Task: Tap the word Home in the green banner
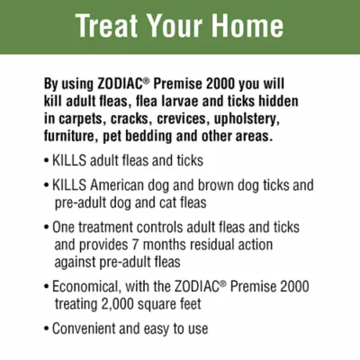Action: pos(255,26)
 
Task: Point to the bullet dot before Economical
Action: pos(46,286)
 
